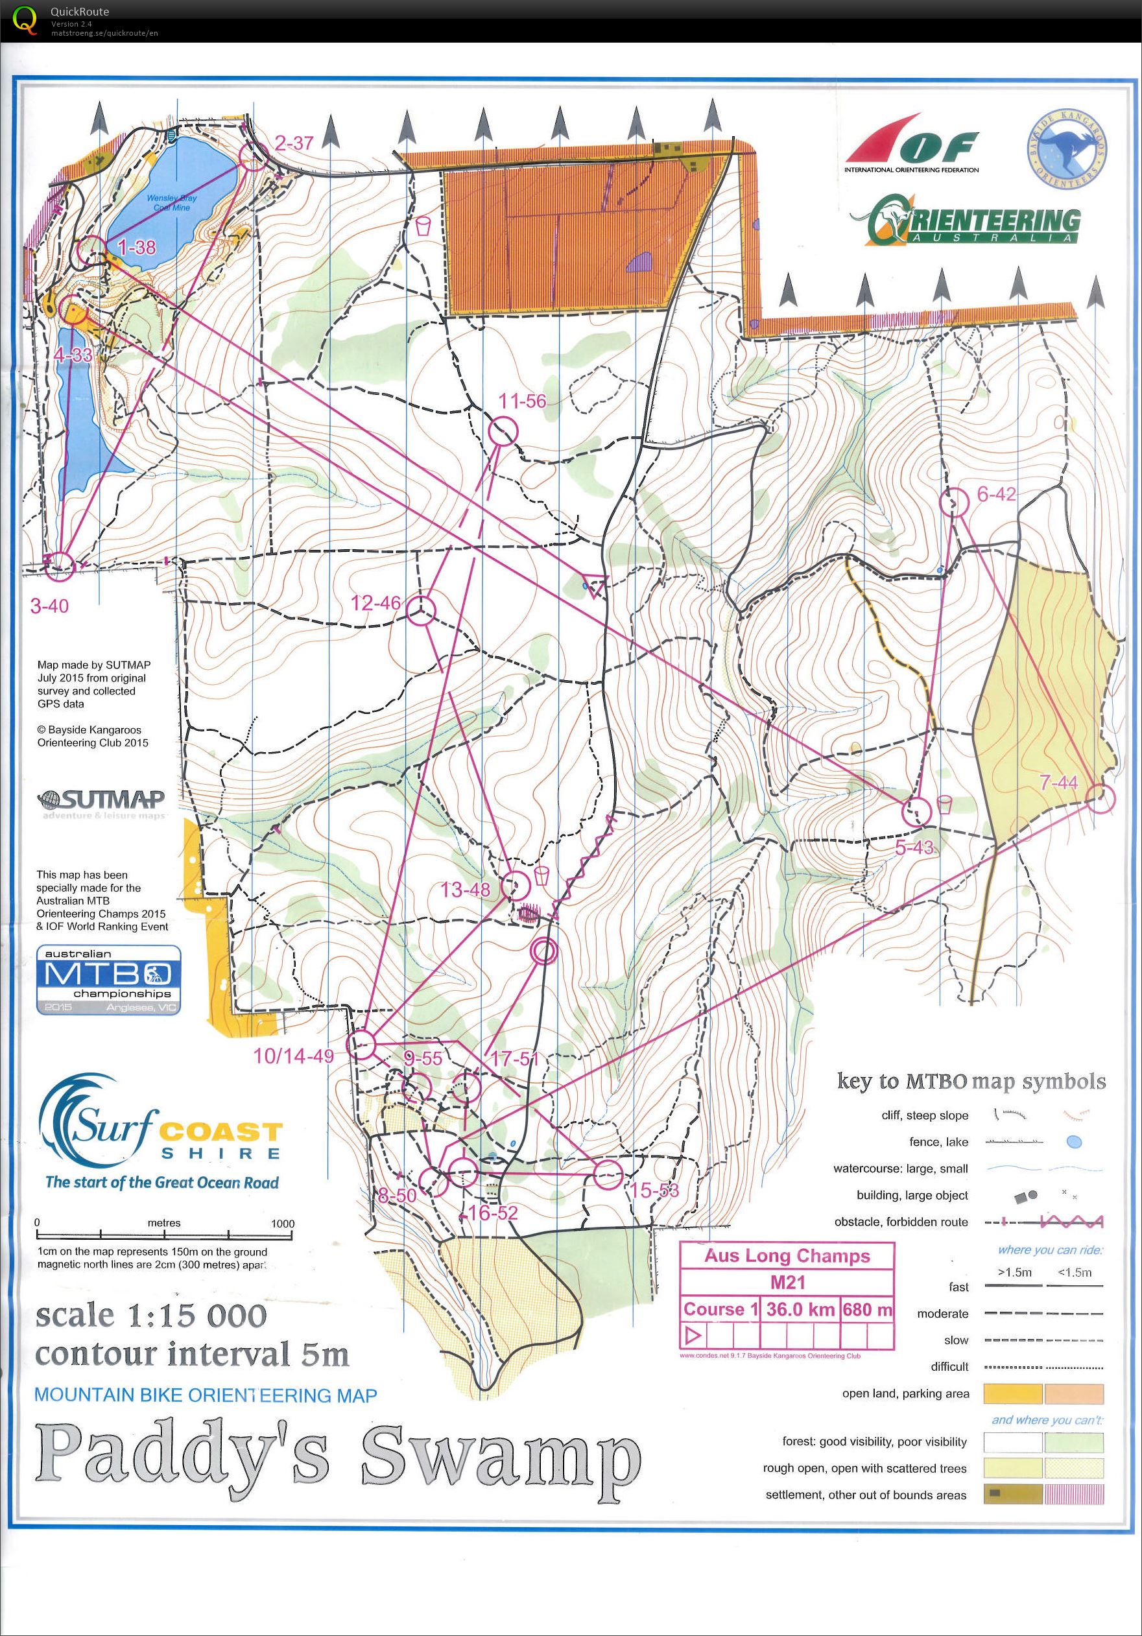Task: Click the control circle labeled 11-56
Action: point(503,433)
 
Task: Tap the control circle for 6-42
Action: point(954,503)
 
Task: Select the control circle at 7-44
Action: point(1100,799)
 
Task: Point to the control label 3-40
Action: point(49,606)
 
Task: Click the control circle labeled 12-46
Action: point(421,611)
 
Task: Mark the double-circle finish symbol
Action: point(543,950)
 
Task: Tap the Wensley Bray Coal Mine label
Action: point(172,203)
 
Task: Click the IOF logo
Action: point(912,145)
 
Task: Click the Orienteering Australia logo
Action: point(973,222)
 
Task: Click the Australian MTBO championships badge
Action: point(108,979)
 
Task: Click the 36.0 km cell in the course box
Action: point(801,1310)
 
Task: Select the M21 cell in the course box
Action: point(787,1283)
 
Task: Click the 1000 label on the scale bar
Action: point(282,1224)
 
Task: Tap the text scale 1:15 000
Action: point(151,1316)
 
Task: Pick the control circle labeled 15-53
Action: point(608,1175)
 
